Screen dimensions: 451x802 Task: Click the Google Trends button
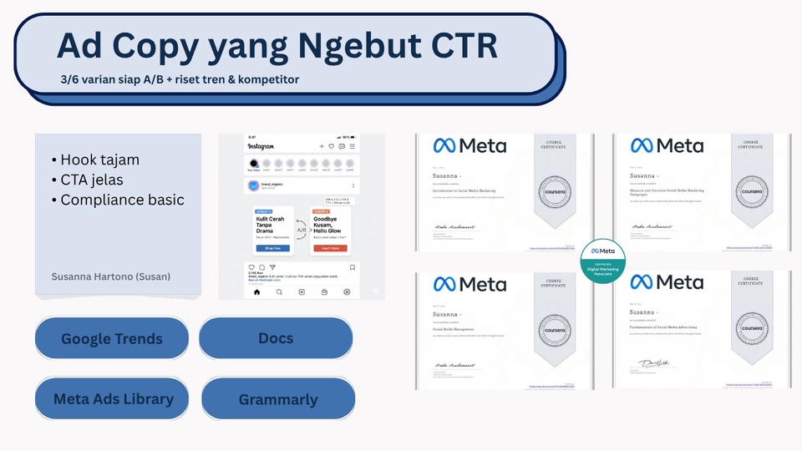pyautogui.click(x=111, y=339)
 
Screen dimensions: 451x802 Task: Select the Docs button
pyautogui.click(x=276, y=338)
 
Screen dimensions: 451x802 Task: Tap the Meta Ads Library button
pyautogui.click(x=113, y=398)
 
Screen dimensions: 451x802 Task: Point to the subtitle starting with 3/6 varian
pyautogui.click(x=180, y=79)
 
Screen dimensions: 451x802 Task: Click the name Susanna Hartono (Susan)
pyautogui.click(x=111, y=276)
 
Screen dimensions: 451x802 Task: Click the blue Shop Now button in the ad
pyautogui.click(x=273, y=248)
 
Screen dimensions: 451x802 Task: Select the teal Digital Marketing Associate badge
pyautogui.click(x=602, y=261)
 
